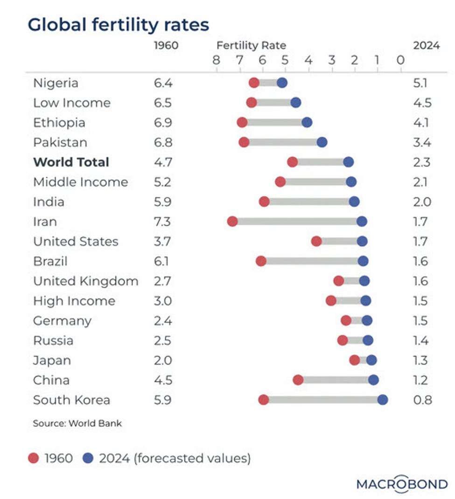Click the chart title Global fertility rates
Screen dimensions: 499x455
click(x=119, y=24)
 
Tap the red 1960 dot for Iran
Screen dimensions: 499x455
click(x=232, y=222)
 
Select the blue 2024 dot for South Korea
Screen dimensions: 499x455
click(x=383, y=400)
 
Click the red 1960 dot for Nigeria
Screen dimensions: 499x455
click(x=254, y=83)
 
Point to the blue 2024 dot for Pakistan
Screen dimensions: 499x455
click(x=322, y=142)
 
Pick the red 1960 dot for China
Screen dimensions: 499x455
click(x=298, y=380)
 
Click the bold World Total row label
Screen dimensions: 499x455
click(x=71, y=162)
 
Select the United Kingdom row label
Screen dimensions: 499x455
click(x=85, y=281)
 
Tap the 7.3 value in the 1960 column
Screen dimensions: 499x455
click(x=163, y=222)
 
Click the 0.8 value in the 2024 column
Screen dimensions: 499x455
click(x=423, y=400)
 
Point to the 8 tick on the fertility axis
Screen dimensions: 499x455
click(x=216, y=60)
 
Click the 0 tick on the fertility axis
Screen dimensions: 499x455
click(x=400, y=60)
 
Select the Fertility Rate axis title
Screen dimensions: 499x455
click(x=251, y=46)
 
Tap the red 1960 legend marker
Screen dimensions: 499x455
click(x=33, y=458)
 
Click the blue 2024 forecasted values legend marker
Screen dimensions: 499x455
click(x=88, y=458)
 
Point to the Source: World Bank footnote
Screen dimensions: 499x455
click(x=77, y=423)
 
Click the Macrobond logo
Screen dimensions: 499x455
click(x=402, y=484)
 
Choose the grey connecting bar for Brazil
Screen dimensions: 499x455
click(x=312, y=261)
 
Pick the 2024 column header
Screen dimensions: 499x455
click(x=426, y=46)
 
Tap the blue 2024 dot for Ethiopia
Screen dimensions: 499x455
click(x=307, y=123)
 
